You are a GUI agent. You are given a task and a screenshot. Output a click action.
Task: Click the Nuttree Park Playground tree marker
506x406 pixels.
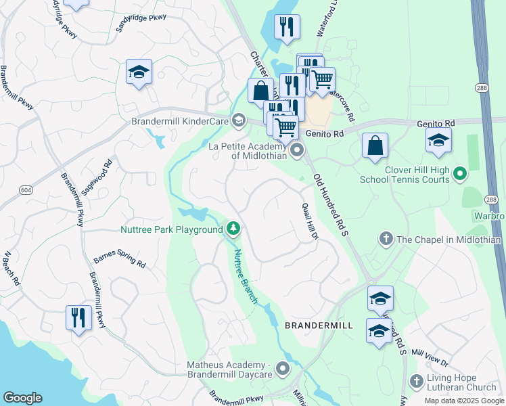coord(233,229)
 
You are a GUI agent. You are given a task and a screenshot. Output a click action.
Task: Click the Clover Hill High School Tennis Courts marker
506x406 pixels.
coord(460,174)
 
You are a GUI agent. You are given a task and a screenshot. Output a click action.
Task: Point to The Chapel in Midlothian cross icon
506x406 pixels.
coord(386,240)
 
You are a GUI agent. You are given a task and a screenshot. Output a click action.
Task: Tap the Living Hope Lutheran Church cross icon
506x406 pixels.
coord(416,381)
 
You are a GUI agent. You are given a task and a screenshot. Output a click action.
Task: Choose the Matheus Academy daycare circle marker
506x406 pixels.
coord(282,369)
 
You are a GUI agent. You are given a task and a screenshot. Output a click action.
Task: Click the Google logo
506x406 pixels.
coord(22,398)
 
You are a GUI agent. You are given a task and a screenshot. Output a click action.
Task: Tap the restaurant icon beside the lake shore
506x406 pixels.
coord(79,317)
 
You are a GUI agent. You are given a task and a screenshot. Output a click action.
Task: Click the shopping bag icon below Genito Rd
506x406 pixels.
coord(375,145)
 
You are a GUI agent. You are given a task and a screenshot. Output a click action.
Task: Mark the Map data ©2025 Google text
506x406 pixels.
coord(464,401)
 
